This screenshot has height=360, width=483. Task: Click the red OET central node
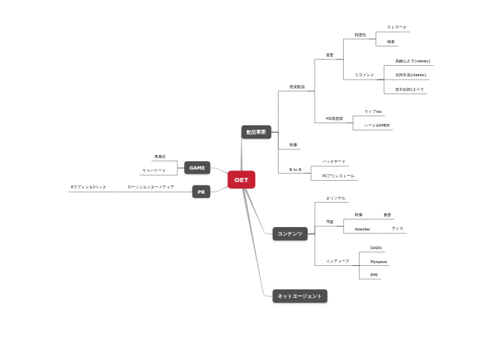pyautogui.click(x=241, y=180)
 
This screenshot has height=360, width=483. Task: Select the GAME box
pyautogui.click(x=197, y=168)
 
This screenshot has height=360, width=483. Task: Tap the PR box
pyautogui.click(x=201, y=192)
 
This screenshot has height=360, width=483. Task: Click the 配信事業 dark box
pyautogui.click(x=256, y=132)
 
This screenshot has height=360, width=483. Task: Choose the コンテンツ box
pyautogui.click(x=290, y=234)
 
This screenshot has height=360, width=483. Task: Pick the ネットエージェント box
pyautogui.click(x=299, y=296)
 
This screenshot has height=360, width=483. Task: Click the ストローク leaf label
pyautogui.click(x=397, y=27)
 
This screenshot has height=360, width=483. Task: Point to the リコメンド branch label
pyautogui.click(x=364, y=75)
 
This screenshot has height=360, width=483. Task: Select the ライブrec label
pyautogui.click(x=374, y=111)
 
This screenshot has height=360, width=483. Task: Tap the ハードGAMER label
pyautogui.click(x=377, y=125)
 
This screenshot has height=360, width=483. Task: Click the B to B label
pyautogui.click(x=295, y=169)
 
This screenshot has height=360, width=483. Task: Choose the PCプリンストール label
pyautogui.click(x=338, y=176)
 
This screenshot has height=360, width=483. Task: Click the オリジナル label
pyautogui.click(x=335, y=198)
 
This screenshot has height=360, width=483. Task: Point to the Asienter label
pyautogui.click(x=362, y=228)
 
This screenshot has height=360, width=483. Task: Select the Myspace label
pyautogui.click(x=378, y=262)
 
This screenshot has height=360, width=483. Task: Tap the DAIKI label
pyautogui.click(x=376, y=247)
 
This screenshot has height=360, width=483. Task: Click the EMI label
pyautogui.click(x=374, y=275)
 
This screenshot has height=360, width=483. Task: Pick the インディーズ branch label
pyautogui.click(x=337, y=261)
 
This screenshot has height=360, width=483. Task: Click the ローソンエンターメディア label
pyautogui.click(x=150, y=187)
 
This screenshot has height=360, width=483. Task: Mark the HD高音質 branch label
pyautogui.click(x=335, y=118)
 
